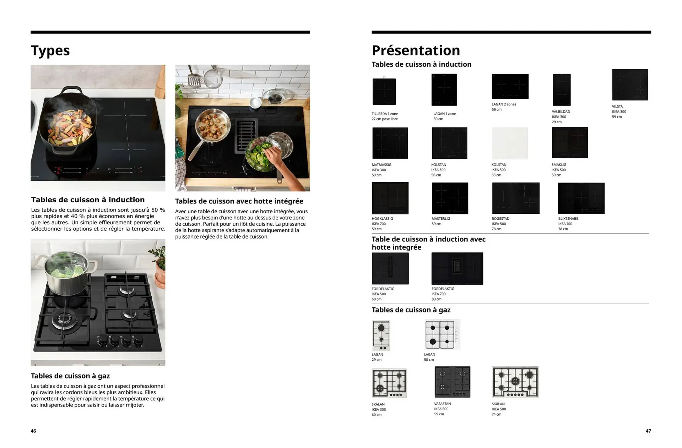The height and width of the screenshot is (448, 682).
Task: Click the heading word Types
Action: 50,51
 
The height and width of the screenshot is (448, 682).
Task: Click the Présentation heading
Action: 416,50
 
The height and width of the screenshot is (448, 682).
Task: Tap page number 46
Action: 33,431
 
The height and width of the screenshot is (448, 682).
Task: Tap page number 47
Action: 648,431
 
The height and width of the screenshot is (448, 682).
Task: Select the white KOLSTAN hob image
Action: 510,143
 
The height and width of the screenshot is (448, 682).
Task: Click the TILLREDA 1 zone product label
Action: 385,114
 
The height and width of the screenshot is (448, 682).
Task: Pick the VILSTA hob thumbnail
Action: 630,85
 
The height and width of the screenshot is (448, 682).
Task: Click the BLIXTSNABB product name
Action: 568,219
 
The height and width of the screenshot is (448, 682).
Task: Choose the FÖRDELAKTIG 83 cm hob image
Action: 457,268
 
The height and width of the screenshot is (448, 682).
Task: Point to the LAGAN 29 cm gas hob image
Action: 381,335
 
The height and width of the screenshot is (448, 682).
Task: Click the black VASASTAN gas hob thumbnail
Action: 452,382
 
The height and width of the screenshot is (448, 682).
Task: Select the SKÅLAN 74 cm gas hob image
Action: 515,382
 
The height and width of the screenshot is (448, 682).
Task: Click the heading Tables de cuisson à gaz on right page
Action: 411,310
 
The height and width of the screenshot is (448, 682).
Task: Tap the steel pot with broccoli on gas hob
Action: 66,273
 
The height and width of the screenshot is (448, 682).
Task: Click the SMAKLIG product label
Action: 559,165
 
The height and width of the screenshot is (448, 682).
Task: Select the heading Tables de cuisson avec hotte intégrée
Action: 239,201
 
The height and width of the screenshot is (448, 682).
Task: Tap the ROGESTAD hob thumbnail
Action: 515,198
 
